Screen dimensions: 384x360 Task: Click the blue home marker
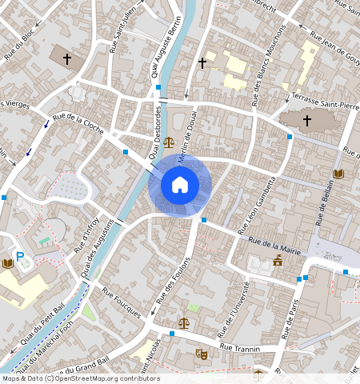point(180,185)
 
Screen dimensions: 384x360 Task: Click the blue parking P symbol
point(21,256)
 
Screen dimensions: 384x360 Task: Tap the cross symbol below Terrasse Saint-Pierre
point(306,121)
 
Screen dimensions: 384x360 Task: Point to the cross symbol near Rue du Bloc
point(67,58)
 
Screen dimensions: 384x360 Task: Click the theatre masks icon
point(201,353)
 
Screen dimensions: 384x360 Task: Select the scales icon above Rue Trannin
point(185,323)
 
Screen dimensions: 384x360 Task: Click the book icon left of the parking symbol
point(7,262)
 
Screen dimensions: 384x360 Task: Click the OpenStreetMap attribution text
point(80,378)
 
